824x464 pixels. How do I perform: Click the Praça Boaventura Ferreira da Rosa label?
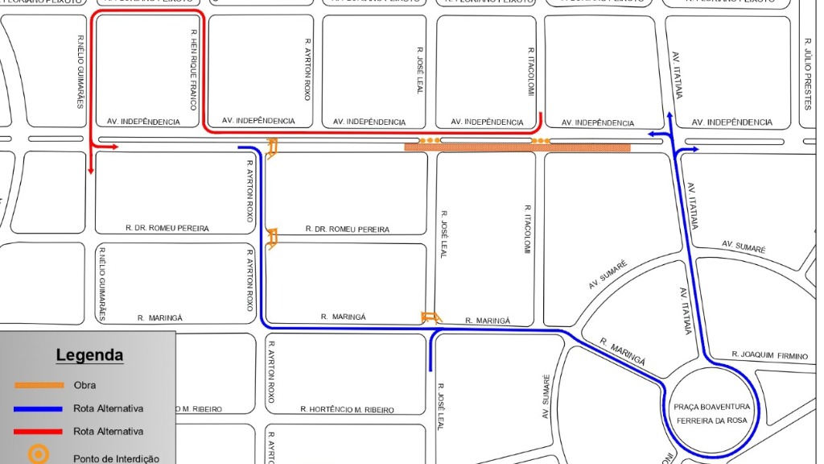click(x=711, y=412)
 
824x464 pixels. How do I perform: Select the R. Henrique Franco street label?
click(x=194, y=69)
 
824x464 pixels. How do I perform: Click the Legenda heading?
click(x=89, y=355)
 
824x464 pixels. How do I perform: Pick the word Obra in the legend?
click(x=84, y=386)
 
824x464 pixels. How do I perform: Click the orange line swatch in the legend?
click(x=39, y=386)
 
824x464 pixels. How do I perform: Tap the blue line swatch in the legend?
click(x=39, y=408)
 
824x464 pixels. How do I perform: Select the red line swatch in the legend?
click(x=39, y=432)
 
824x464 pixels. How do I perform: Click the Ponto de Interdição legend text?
click(x=116, y=458)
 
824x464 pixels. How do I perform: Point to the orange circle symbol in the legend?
click(x=38, y=454)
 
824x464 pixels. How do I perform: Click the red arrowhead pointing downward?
click(x=92, y=170)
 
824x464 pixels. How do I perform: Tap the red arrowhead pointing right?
click(x=113, y=147)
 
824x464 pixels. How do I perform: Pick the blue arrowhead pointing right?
click(x=694, y=150)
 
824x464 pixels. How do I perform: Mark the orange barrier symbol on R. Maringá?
click(x=431, y=317)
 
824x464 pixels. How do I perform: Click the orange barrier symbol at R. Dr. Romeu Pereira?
click(x=272, y=238)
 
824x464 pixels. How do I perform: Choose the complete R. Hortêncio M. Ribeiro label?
click(x=347, y=410)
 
